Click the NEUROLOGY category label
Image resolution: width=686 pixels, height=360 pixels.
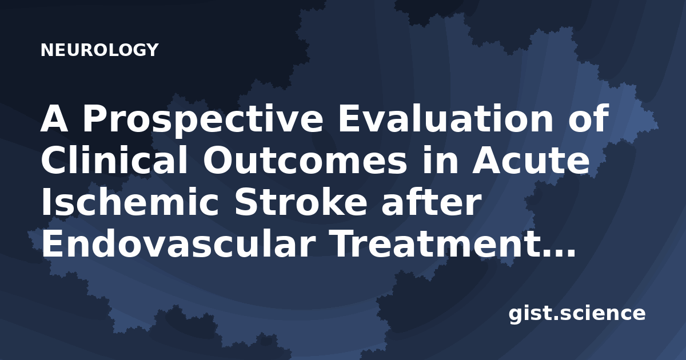point(99,50)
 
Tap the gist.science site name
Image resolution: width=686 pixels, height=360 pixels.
point(577,314)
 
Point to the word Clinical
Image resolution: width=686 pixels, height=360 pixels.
point(114,160)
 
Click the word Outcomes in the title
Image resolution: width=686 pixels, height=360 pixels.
point(305,160)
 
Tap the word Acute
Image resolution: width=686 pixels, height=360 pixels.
point(531,161)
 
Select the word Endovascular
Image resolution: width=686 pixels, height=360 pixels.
point(178,243)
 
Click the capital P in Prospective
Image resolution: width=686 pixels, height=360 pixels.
point(94,118)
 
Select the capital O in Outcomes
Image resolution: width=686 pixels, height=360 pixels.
point(218,160)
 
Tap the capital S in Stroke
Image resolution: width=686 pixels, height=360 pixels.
point(246,202)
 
